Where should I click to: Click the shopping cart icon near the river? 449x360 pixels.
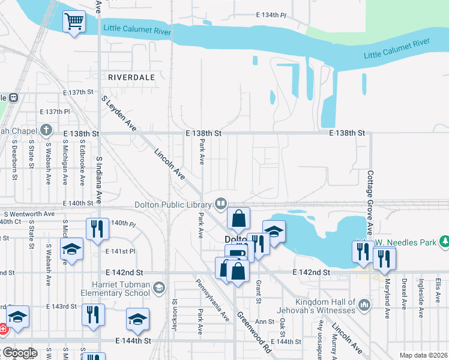[74, 22]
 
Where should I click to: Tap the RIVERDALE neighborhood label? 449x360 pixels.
[131, 77]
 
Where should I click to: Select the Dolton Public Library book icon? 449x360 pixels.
[221, 205]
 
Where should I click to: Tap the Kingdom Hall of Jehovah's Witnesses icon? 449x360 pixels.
[364, 306]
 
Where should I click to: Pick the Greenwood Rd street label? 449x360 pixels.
[254, 332]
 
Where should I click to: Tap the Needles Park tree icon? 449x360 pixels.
[444, 241]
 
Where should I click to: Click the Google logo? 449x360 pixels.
[20, 353]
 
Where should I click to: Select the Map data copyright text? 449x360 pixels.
[423, 355]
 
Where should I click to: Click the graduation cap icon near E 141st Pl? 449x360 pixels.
[71, 249]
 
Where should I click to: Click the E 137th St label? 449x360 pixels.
[79, 93]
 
